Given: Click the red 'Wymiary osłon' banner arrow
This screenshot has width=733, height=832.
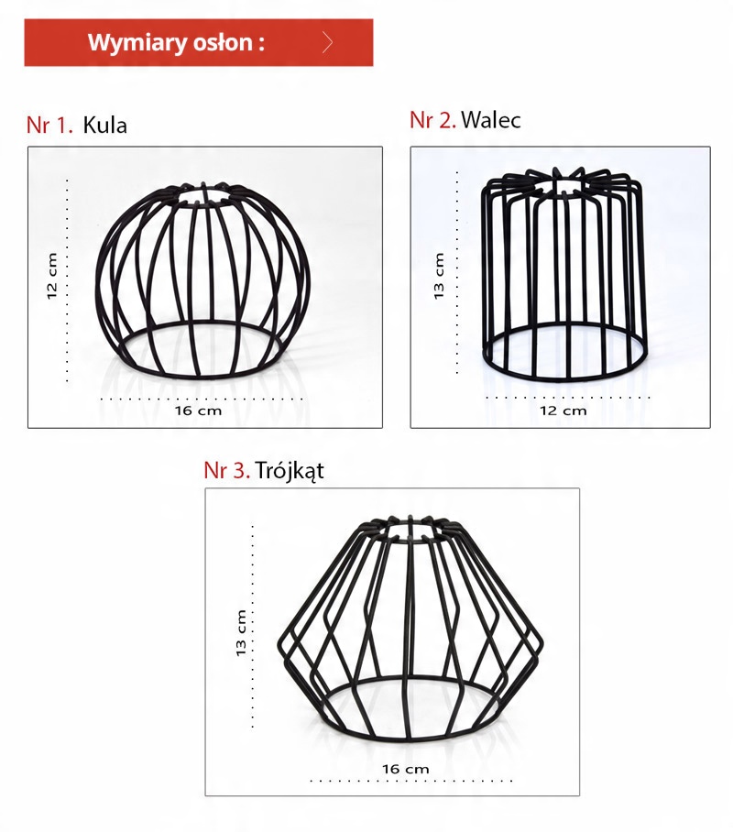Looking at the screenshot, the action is click(327, 42).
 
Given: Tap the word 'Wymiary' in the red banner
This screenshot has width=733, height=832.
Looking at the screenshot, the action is click(133, 42).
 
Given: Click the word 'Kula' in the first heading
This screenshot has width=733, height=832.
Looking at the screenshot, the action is click(105, 126).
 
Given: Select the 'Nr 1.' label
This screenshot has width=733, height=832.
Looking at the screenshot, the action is click(49, 126).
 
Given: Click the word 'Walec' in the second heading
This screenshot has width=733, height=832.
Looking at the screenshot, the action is click(491, 120).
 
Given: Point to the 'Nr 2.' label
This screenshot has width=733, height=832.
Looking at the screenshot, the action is click(432, 120).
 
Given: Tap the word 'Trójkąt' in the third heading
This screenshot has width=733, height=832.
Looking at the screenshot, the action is click(290, 471).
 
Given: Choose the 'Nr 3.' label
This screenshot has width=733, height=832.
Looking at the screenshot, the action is click(226, 471).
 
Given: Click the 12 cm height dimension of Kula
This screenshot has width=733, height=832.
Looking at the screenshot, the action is click(52, 276).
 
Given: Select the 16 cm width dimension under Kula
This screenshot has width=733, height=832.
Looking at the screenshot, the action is click(199, 411).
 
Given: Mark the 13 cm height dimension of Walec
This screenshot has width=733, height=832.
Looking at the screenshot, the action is click(439, 276).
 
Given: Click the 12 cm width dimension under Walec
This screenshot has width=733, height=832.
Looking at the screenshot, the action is click(563, 411).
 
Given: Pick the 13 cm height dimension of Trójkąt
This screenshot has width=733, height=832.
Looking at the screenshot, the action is click(242, 633).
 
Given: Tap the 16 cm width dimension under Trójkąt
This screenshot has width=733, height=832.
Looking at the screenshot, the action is click(406, 769).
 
